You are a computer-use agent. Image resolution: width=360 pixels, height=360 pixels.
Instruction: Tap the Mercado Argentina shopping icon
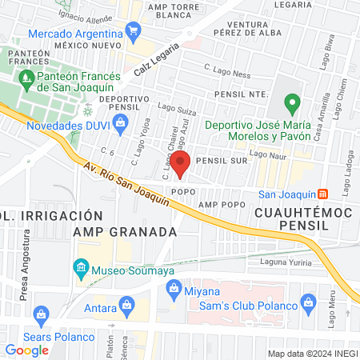tap(133, 34)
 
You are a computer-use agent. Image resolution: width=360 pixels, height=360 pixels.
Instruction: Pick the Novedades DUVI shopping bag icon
tap(120, 123)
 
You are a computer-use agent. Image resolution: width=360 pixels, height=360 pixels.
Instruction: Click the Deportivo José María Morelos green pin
tap(293, 103)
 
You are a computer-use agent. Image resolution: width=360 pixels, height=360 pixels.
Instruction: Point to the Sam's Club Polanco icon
tap(310, 302)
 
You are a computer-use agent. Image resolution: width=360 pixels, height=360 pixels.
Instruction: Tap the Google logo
tap(26, 350)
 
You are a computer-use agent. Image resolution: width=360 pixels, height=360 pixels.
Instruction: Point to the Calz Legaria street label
tap(154, 60)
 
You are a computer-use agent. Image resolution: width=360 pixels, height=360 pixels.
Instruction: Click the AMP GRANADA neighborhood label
tap(124, 231)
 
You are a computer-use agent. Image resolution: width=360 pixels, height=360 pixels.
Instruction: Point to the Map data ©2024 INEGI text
tap(312, 353)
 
